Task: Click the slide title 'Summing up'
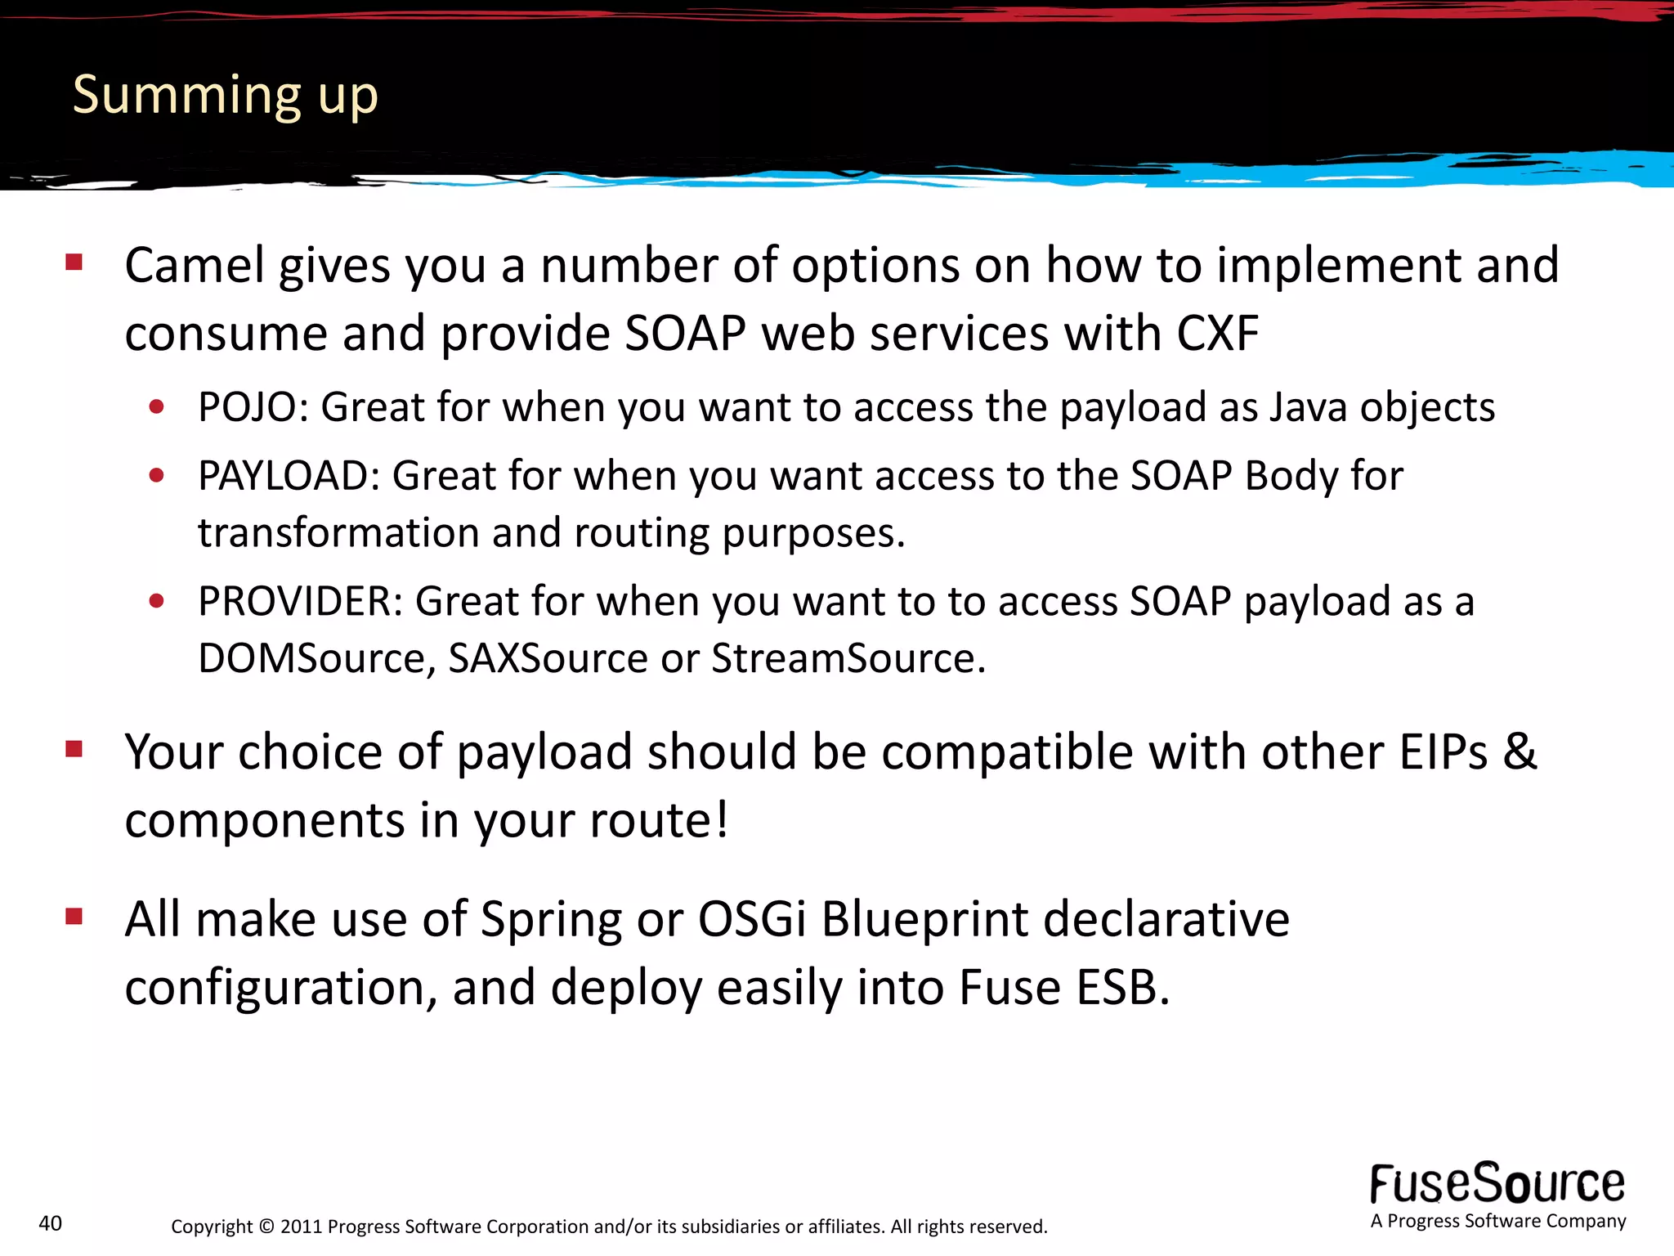(x=225, y=96)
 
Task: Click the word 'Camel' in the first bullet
(x=195, y=266)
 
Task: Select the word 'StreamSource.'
(x=848, y=658)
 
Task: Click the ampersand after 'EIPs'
(x=1519, y=751)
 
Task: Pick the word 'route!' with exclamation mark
(x=659, y=820)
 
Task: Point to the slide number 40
(x=51, y=1223)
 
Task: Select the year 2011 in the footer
(x=302, y=1227)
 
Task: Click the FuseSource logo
(x=1497, y=1184)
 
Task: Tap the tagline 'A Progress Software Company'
(x=1498, y=1221)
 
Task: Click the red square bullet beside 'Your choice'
(x=74, y=749)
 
